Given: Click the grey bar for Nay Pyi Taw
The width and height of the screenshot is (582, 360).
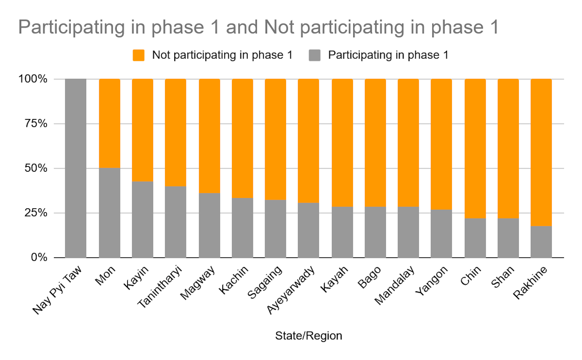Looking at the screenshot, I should point(76,168).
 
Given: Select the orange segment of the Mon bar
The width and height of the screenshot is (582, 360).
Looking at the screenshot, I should point(109,123).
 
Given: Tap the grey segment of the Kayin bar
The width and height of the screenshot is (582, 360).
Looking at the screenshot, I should point(143,219).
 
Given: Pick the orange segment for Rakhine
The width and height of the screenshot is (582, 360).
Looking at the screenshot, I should point(541,152).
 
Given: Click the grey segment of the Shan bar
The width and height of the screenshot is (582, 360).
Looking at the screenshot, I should point(508,238).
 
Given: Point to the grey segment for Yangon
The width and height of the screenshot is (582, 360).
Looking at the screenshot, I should point(441,233).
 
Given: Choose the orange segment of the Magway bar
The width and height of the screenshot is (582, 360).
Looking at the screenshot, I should point(210,136).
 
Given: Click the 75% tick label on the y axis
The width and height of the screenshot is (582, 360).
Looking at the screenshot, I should point(36,124).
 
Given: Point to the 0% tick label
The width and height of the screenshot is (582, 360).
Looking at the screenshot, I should point(39,257).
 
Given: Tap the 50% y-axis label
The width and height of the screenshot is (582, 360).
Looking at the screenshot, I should point(36,168).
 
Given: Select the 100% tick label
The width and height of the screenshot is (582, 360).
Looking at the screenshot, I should point(33,79).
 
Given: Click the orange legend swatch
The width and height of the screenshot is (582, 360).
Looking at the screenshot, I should point(139,55).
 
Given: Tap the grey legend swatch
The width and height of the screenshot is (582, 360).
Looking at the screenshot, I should point(315,55).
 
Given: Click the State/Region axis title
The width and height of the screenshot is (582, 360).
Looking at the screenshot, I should point(308,336).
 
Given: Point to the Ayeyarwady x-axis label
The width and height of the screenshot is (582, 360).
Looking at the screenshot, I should point(291,290).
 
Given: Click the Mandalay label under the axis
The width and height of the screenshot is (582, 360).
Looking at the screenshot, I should point(394,285).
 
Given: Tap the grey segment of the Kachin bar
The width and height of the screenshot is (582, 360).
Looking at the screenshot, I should point(242,228).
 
